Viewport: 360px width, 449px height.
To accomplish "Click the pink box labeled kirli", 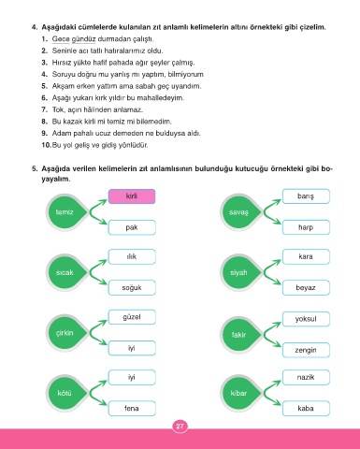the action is point(132,196).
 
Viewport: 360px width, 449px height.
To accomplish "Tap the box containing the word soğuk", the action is point(132,287).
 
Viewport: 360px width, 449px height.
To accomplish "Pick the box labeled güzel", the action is point(132,317).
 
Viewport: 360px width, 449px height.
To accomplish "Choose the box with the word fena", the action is point(132,408).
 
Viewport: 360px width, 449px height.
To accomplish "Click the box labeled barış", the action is point(306,196).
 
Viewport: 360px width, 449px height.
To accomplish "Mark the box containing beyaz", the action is point(306,287).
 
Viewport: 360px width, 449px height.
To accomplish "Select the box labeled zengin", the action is point(306,350).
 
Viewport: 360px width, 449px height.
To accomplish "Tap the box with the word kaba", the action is point(306,408).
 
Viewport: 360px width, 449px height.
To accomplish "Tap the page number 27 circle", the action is point(180,427).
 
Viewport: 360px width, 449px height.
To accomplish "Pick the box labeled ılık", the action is point(132,256).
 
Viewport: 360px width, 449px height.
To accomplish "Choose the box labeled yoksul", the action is point(306,319).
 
